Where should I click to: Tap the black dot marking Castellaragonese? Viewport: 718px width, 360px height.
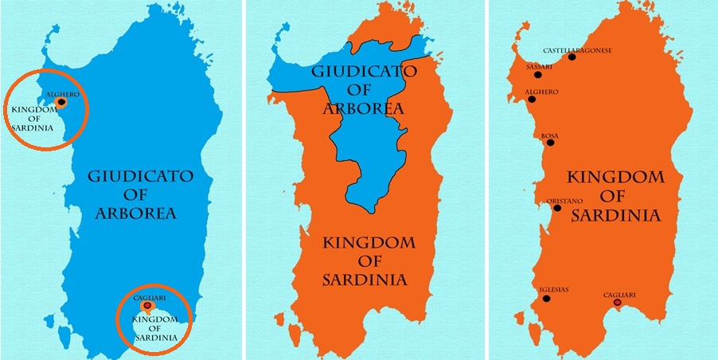[x=570, y=57]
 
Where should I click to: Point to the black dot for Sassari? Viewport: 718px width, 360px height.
[x=538, y=75]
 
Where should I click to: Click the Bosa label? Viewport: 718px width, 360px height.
[x=549, y=135]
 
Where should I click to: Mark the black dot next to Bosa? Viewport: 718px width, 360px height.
[x=550, y=143]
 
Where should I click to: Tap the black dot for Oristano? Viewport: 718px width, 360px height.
[x=557, y=209]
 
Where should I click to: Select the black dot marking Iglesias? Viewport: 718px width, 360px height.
[x=546, y=299]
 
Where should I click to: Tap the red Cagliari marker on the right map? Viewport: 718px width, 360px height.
[x=618, y=303]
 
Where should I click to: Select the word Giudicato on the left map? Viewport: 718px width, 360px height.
[x=140, y=177]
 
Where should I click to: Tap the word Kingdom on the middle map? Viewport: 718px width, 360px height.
[x=365, y=241]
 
